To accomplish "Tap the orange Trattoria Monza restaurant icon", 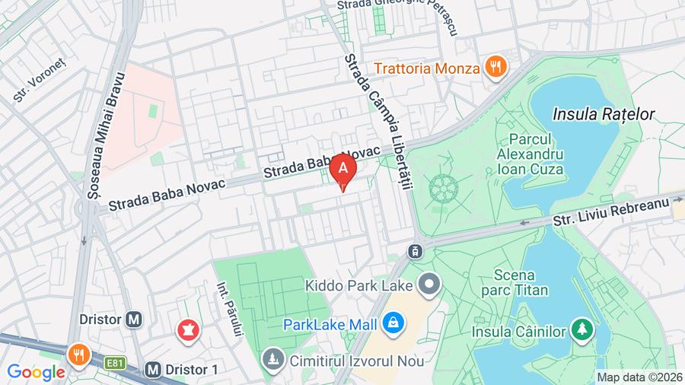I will point(496,67).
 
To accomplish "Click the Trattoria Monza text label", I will point(427,68).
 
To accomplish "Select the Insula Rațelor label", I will point(604,114).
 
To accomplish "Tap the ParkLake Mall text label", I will point(330,325).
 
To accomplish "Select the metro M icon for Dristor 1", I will point(152,369).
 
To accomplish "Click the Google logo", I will point(36,372).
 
